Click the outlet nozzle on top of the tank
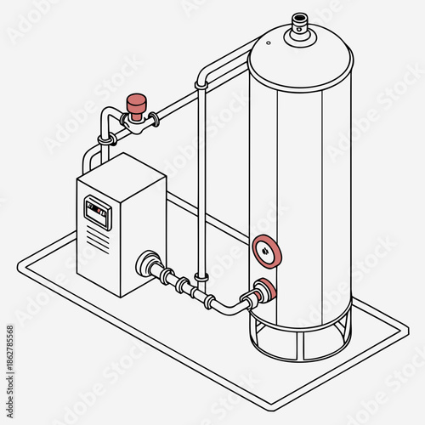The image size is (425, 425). (298, 22)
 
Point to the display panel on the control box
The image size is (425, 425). (97, 209)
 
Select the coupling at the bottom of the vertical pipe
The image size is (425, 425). (201, 276)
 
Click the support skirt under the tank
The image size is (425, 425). (299, 336)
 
